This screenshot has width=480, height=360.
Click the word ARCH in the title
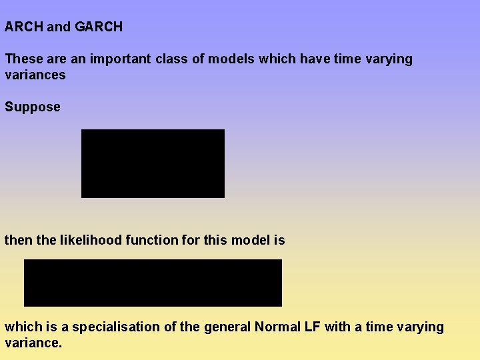(x=24, y=27)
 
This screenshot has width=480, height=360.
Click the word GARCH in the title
(x=99, y=27)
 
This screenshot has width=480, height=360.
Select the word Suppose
(x=33, y=107)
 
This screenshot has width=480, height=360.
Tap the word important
(x=121, y=59)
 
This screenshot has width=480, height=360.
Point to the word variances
(x=35, y=75)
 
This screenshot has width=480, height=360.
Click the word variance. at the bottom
(x=33, y=343)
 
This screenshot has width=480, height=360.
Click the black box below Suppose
(x=153, y=163)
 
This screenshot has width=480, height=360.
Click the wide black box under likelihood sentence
(x=153, y=283)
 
